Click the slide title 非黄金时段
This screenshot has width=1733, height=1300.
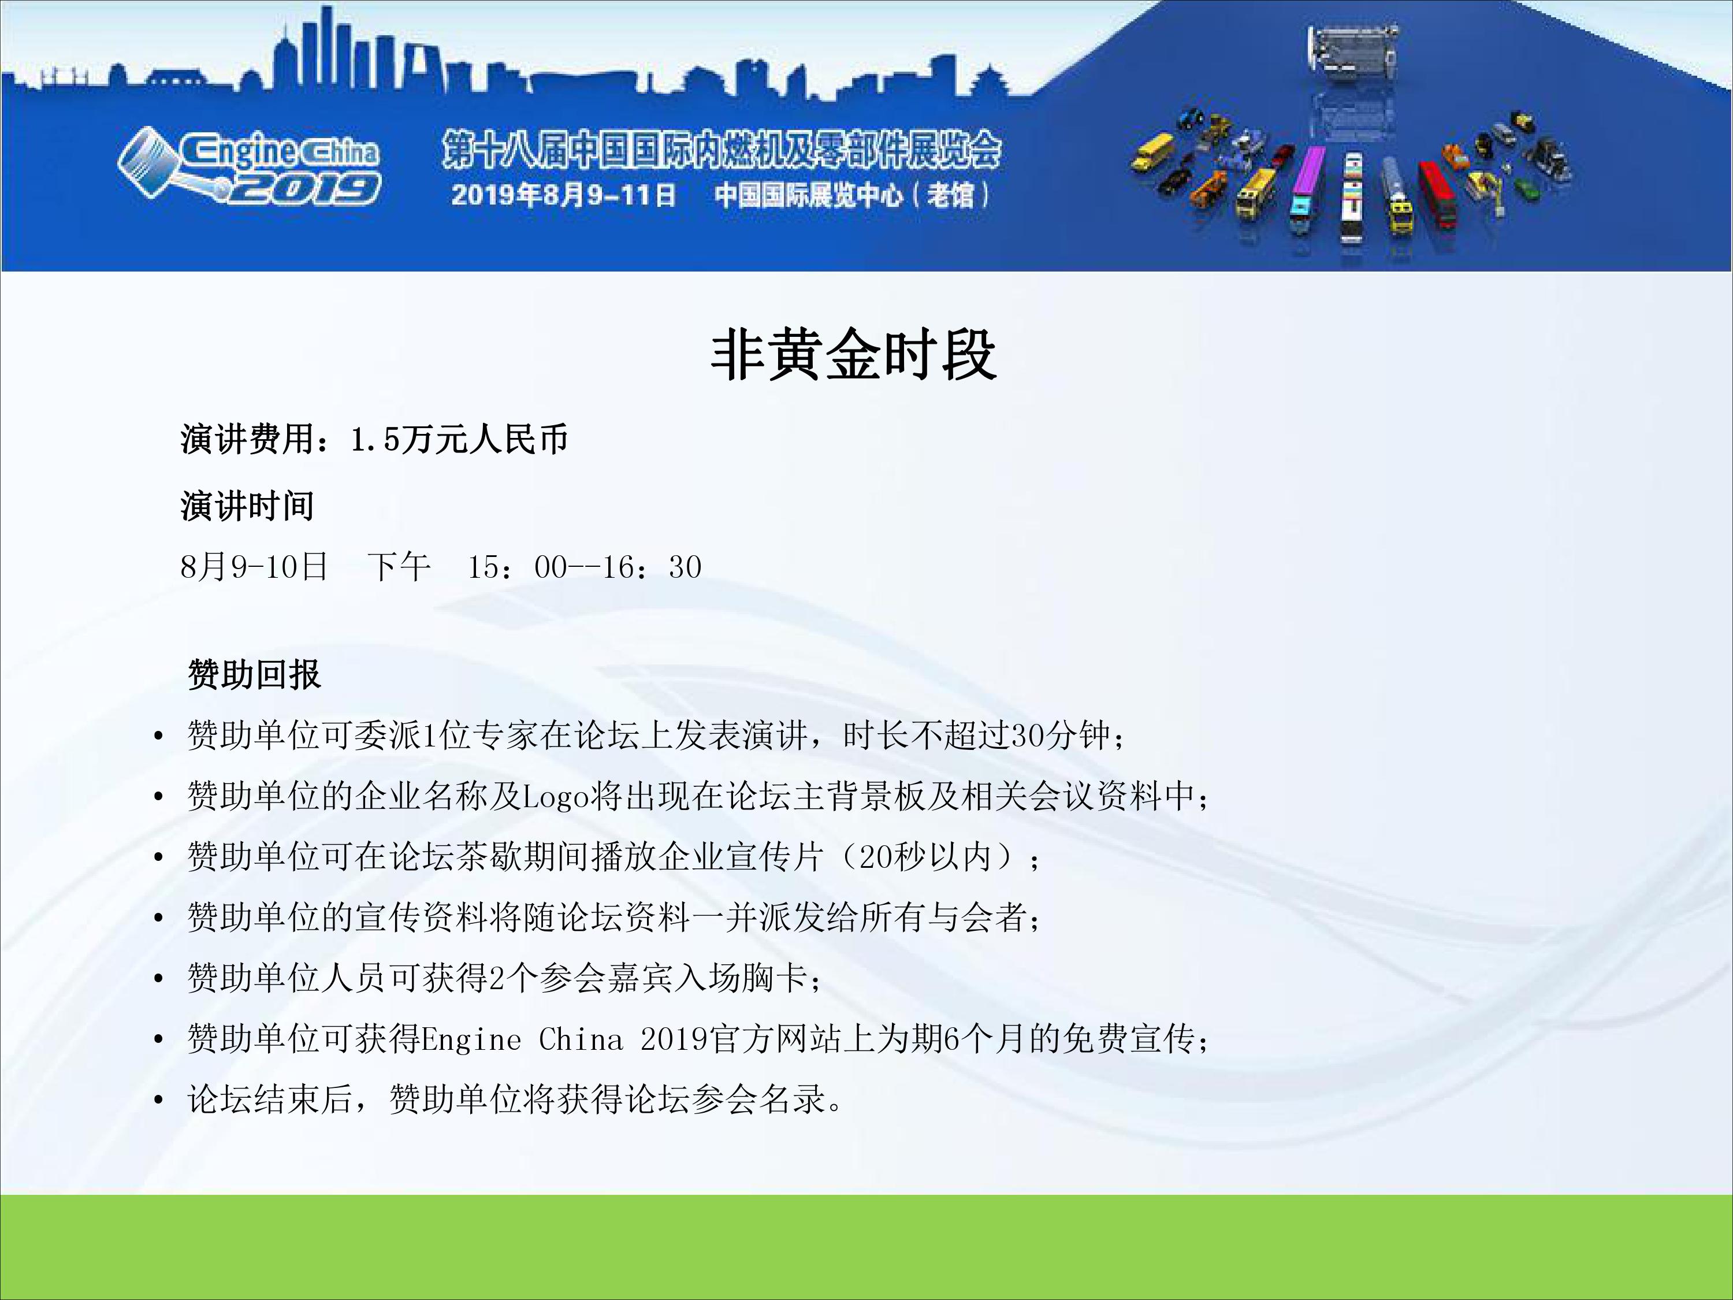[853, 355]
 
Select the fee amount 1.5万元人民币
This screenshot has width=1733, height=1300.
[459, 440]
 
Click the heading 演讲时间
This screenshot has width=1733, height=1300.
[247, 506]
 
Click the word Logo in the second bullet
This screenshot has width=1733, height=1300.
[556, 796]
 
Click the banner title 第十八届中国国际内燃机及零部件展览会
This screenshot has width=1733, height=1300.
[721, 150]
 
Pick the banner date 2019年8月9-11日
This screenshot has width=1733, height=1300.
[563, 194]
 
